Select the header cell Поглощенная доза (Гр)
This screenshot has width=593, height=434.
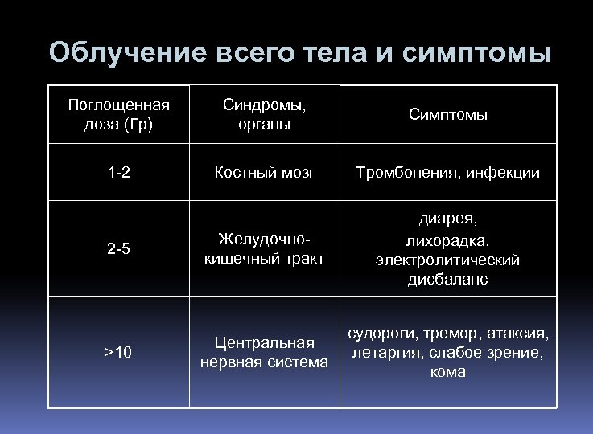119,115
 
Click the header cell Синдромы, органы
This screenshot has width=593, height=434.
264,115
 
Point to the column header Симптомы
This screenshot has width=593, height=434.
448,115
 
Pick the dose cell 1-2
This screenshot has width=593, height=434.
119,173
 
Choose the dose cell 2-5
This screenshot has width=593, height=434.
119,248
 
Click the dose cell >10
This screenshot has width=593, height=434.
119,352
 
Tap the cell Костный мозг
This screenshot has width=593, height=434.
264,173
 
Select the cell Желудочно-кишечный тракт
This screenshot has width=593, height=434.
264,248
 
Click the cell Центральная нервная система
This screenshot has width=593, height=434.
264,352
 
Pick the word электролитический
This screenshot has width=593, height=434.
447,260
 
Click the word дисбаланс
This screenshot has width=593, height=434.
447,280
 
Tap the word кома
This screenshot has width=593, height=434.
447,372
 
